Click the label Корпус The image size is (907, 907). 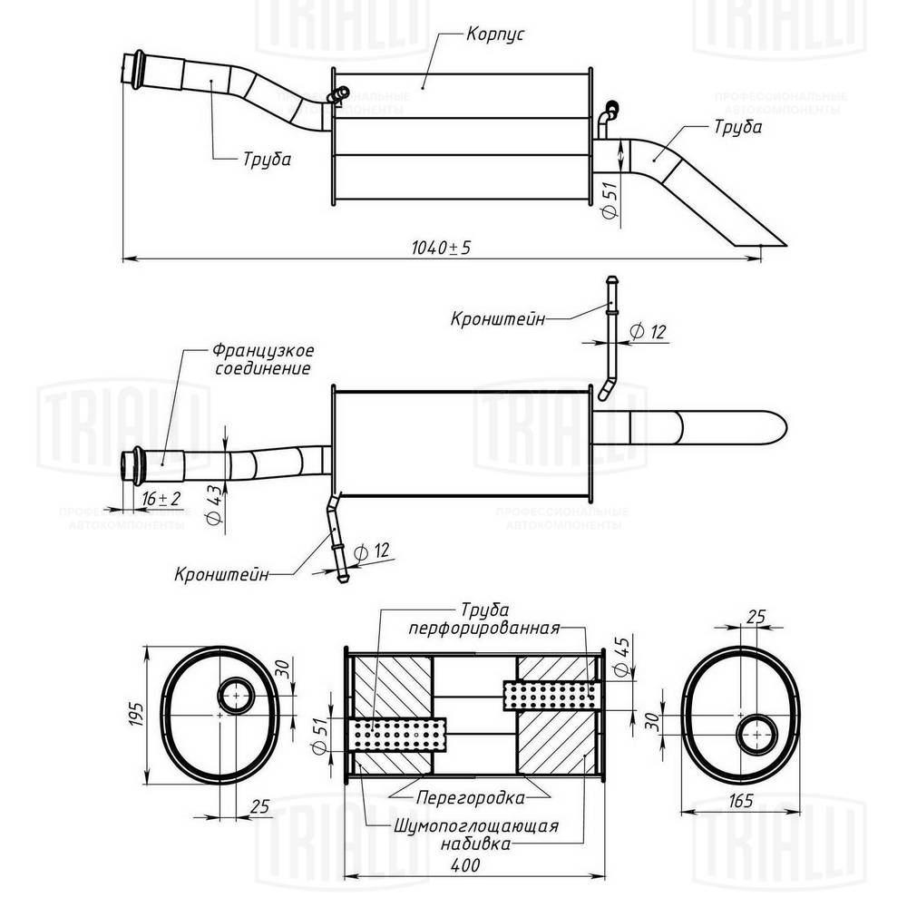(x=496, y=35)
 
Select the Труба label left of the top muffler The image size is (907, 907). (x=267, y=160)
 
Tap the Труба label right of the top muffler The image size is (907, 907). (x=737, y=128)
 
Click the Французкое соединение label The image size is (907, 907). (x=262, y=359)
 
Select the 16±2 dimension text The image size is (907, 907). (x=161, y=499)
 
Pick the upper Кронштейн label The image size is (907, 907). (x=498, y=319)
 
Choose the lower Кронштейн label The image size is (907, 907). (x=222, y=574)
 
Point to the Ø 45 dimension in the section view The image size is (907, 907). (x=621, y=657)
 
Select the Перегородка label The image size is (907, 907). (x=471, y=798)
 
